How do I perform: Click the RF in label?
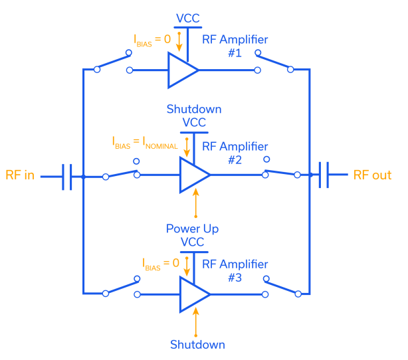[21, 176]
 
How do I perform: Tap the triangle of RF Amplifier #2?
[193, 175]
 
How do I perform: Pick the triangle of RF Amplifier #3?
[193, 294]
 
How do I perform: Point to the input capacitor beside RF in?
[67, 176]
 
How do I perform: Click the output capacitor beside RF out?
[324, 175]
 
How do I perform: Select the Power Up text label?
[193, 229]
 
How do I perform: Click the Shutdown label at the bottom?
[197, 345]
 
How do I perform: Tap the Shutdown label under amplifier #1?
[194, 109]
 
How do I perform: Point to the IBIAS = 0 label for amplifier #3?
[161, 263]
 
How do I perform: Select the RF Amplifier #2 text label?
[235, 153]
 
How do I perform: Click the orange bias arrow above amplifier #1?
[178, 41]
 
